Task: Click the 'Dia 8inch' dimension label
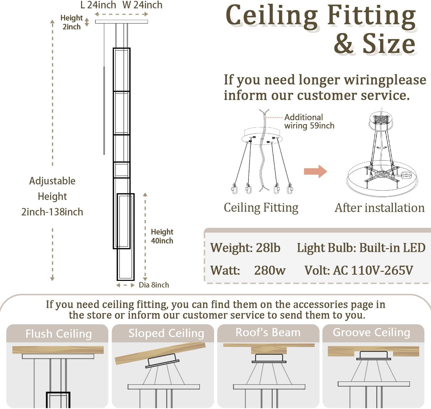tap(154, 285)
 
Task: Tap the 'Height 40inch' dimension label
tap(162, 236)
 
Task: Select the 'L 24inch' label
tap(98, 5)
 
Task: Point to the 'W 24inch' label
tap(142, 5)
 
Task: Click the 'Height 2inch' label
tap(72, 22)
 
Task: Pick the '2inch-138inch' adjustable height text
tap(52, 212)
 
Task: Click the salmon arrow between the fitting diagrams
tap(315, 171)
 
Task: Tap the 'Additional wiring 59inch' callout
tap(309, 121)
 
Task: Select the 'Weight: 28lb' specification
tap(245, 248)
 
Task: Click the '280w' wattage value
tap(270, 270)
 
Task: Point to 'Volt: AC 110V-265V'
tap(359, 270)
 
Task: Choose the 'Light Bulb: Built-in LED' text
tap(361, 248)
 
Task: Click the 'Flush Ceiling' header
tap(59, 334)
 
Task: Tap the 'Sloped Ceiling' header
tap(166, 333)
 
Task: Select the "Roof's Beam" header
tap(268, 332)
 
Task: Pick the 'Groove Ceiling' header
tap(371, 332)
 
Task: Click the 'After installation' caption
tap(380, 208)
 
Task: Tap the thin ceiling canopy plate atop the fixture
tap(122, 22)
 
